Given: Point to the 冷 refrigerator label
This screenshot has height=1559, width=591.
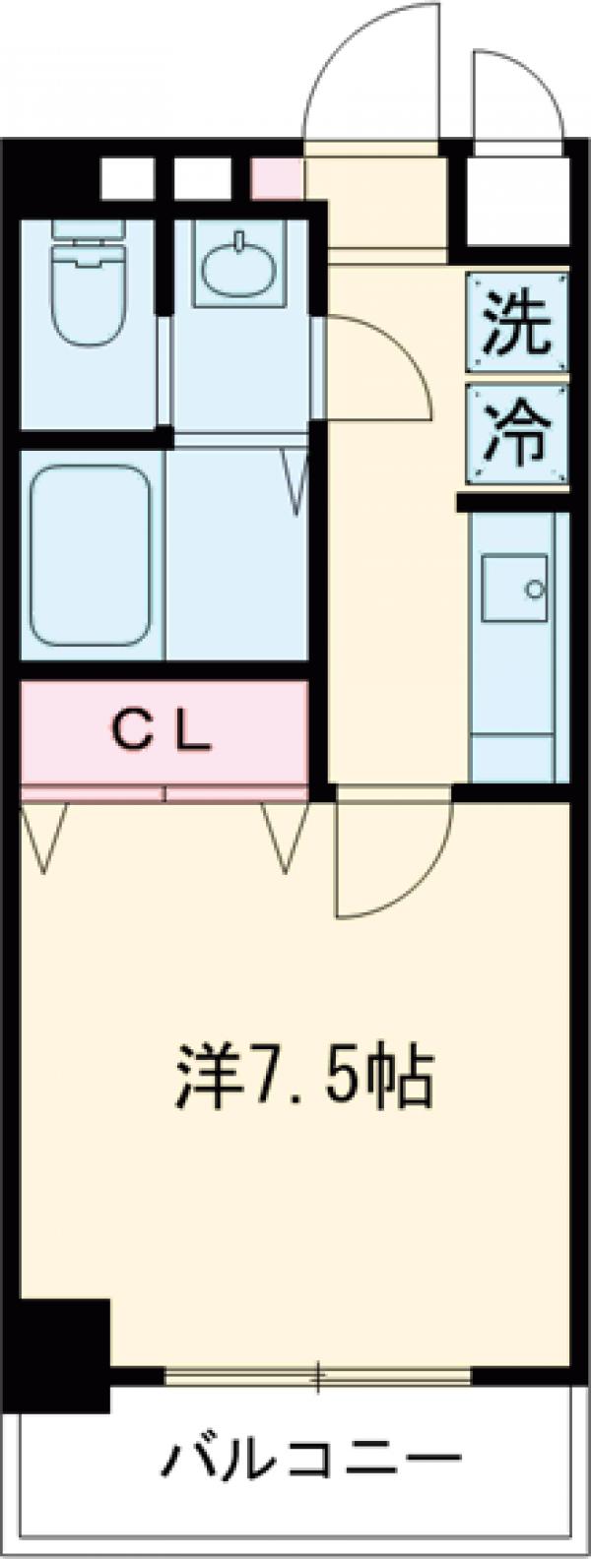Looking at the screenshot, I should (x=517, y=433).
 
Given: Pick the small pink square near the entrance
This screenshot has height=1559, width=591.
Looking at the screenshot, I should (x=277, y=178).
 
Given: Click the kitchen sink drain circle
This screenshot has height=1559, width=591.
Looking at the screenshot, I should (x=535, y=591).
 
